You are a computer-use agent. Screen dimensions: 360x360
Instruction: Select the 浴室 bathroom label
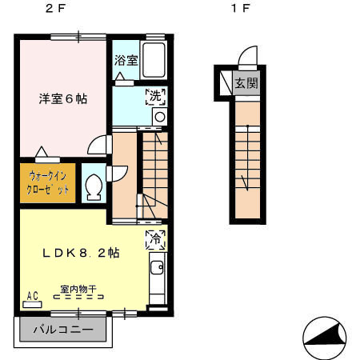125,60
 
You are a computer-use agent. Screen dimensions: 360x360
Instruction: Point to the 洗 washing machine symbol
156,97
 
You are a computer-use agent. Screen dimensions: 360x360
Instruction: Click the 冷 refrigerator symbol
156,238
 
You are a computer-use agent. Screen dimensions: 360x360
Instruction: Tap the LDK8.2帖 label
81,252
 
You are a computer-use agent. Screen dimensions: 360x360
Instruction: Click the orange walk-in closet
47,182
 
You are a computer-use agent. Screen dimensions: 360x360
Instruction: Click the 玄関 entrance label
246,82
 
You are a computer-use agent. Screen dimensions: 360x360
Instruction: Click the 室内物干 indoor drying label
78,289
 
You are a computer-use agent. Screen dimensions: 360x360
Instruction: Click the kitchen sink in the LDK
156,268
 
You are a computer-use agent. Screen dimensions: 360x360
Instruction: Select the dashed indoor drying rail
78,297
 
